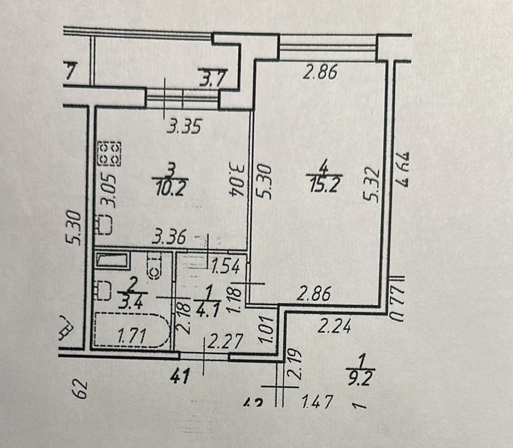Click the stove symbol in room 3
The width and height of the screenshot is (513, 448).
point(108,152)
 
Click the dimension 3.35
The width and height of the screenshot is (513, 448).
point(184,126)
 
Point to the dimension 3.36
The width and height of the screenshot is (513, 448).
point(169,238)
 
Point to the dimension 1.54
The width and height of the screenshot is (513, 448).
point(226,266)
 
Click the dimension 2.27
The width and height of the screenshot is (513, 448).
point(220,341)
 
